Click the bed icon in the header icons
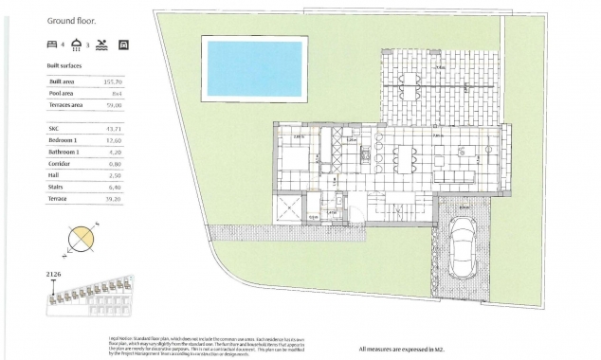click(53, 44)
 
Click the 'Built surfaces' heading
click(64, 65)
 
